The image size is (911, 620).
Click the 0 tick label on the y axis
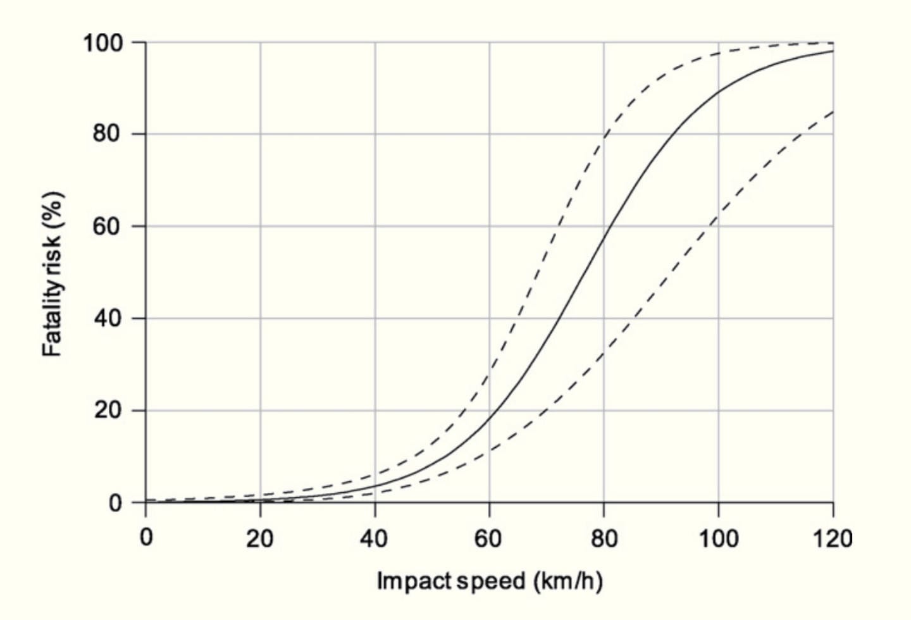point(115,504)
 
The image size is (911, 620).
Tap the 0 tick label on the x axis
point(146,538)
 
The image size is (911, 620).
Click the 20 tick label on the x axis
point(259,538)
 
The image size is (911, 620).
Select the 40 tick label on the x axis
point(374,538)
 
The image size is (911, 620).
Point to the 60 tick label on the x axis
point(488,538)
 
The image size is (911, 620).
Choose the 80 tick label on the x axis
point(604,538)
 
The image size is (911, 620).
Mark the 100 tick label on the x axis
point(718,538)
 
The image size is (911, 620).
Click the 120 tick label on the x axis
point(832,538)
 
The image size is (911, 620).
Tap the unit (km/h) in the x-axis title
point(567,581)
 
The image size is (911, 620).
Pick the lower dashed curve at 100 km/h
point(718,218)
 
